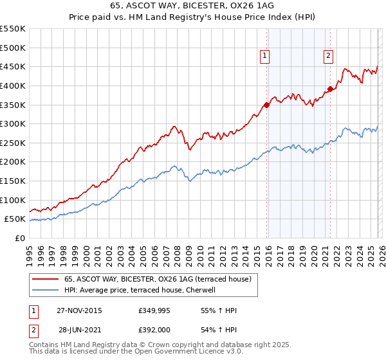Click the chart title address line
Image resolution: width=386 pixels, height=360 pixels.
tap(192, 6)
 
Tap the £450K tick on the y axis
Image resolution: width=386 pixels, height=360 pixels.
tap(13, 67)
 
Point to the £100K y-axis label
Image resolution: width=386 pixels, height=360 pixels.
tap(13, 200)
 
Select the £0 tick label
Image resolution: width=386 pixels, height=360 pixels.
tap(20, 238)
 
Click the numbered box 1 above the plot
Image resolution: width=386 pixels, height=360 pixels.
tap(265, 57)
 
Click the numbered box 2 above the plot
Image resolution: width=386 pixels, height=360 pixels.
tap(328, 57)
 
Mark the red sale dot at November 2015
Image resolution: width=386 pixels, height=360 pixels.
tap(267, 105)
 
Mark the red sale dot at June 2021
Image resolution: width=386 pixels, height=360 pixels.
tap(330, 89)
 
